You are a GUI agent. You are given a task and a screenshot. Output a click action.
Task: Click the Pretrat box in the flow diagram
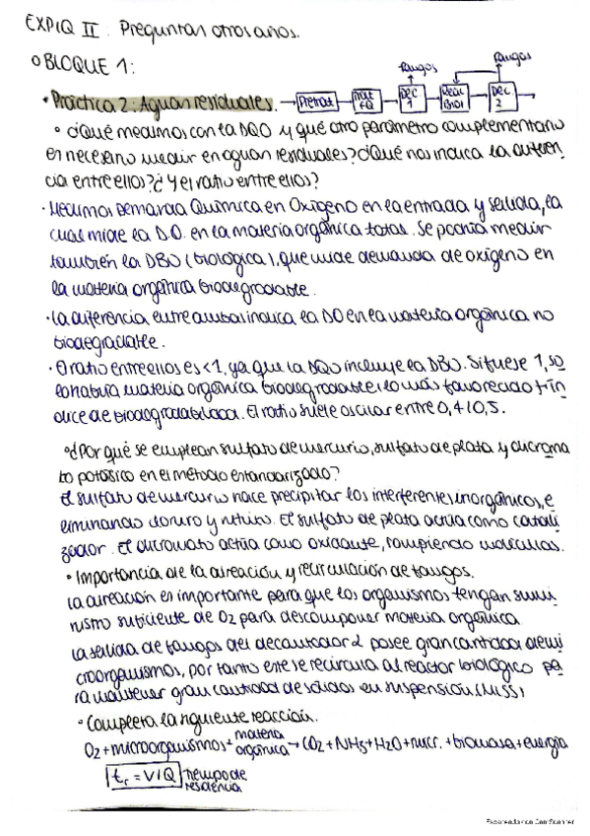318,100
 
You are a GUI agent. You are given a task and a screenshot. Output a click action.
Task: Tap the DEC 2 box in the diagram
501,96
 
